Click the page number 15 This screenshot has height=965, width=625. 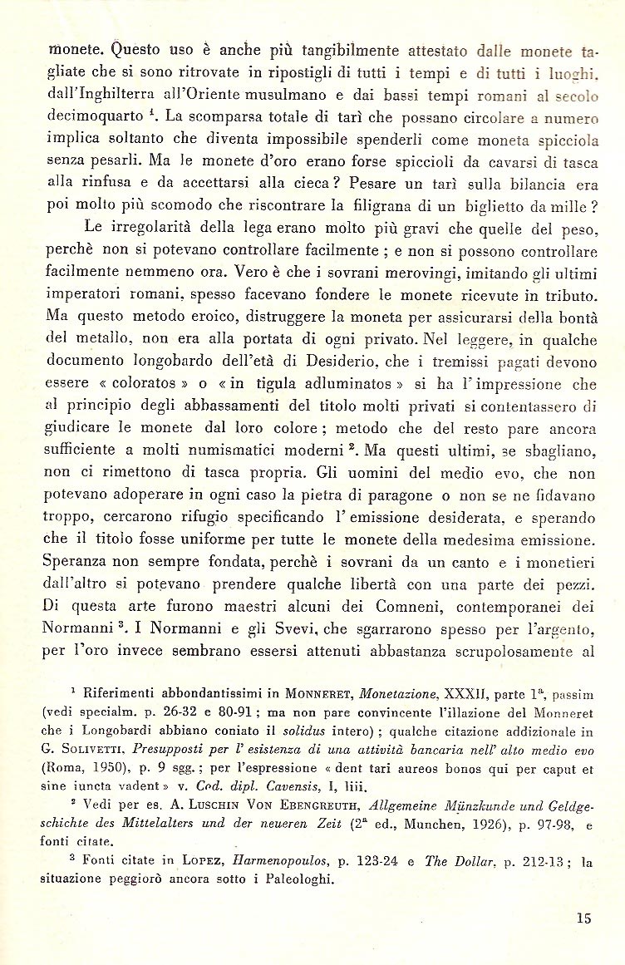pos(582,918)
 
